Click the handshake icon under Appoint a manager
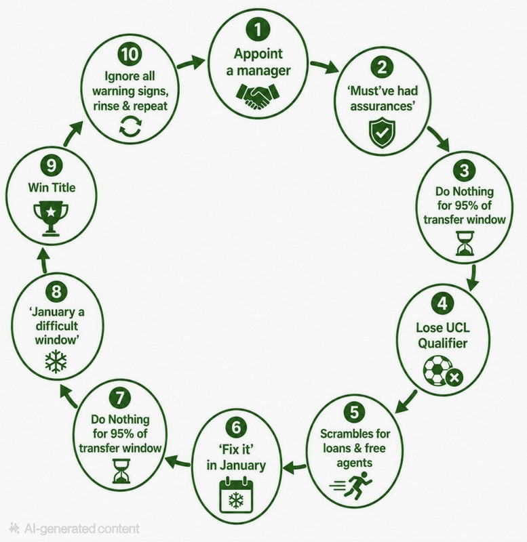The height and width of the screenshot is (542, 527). point(258,96)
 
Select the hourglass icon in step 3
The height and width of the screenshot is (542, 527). point(465,243)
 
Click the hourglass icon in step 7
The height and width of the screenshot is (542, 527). point(121,471)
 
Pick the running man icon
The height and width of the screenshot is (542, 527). point(352,487)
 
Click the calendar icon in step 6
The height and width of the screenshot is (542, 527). point(236,495)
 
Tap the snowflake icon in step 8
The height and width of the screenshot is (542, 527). point(56,361)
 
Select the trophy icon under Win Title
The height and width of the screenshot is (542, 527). point(51,218)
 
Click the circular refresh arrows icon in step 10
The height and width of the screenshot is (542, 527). point(130,125)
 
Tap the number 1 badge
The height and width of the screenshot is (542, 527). point(258,29)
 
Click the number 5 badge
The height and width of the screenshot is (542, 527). point(354,412)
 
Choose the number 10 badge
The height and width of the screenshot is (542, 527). point(130,54)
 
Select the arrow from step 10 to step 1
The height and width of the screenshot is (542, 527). point(191,62)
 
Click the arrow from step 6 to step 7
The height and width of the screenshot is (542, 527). point(178,463)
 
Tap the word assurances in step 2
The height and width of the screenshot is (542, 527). point(382,106)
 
